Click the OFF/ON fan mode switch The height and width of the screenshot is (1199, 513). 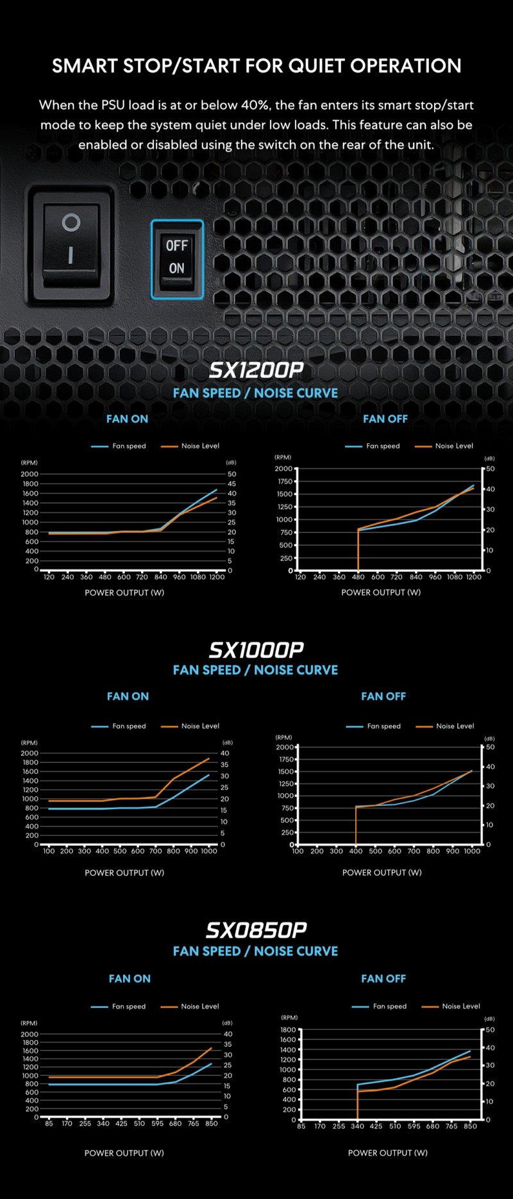(x=177, y=258)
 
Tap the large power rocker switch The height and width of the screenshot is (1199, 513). (x=71, y=244)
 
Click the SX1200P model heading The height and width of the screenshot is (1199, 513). (x=256, y=371)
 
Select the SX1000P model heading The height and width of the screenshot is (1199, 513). (x=256, y=650)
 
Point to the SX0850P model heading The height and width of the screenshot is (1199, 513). (x=256, y=930)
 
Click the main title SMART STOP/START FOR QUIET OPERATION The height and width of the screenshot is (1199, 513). (x=256, y=65)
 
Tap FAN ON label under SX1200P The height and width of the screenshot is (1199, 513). (x=127, y=419)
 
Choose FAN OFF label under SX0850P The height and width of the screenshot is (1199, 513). (x=383, y=978)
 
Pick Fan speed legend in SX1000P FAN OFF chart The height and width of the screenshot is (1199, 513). (x=383, y=726)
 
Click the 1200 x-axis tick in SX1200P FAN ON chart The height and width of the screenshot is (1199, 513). (x=217, y=577)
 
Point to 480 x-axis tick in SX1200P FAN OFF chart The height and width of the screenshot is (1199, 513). (x=358, y=577)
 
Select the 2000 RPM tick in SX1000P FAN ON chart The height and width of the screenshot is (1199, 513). (x=29, y=753)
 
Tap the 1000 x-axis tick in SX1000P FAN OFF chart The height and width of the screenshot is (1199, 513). (x=472, y=851)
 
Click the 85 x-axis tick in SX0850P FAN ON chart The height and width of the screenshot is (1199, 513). (x=49, y=1123)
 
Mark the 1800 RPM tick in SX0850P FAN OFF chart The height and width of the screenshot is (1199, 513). (x=288, y=1030)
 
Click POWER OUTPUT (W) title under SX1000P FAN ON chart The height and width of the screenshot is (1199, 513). (x=124, y=873)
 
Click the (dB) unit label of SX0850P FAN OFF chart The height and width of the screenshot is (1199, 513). (x=489, y=1018)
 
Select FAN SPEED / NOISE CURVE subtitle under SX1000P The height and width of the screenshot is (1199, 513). (x=255, y=670)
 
